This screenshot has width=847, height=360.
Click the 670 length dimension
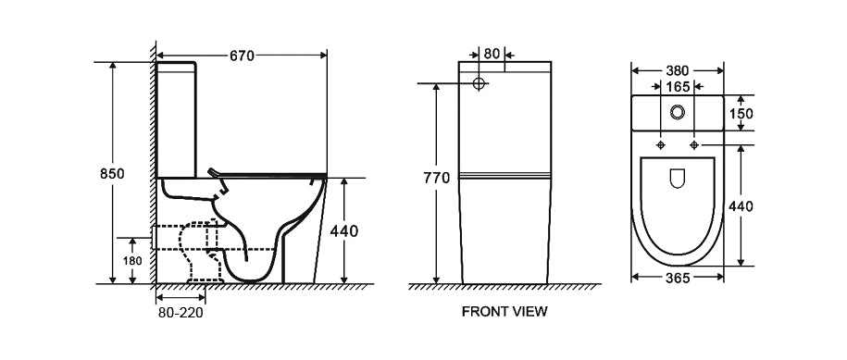[242, 56]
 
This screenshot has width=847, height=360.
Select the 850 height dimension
[112, 174]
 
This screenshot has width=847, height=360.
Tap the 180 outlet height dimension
[132, 261]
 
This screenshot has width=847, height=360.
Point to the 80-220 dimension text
[181, 313]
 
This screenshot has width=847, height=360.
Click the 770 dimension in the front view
[437, 178]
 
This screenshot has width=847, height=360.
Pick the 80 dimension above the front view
[491, 54]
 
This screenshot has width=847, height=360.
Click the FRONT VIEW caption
[504, 312]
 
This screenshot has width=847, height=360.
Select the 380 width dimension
[677, 70]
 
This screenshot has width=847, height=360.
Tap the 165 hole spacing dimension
[678, 86]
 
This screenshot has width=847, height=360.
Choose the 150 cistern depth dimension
[741, 113]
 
